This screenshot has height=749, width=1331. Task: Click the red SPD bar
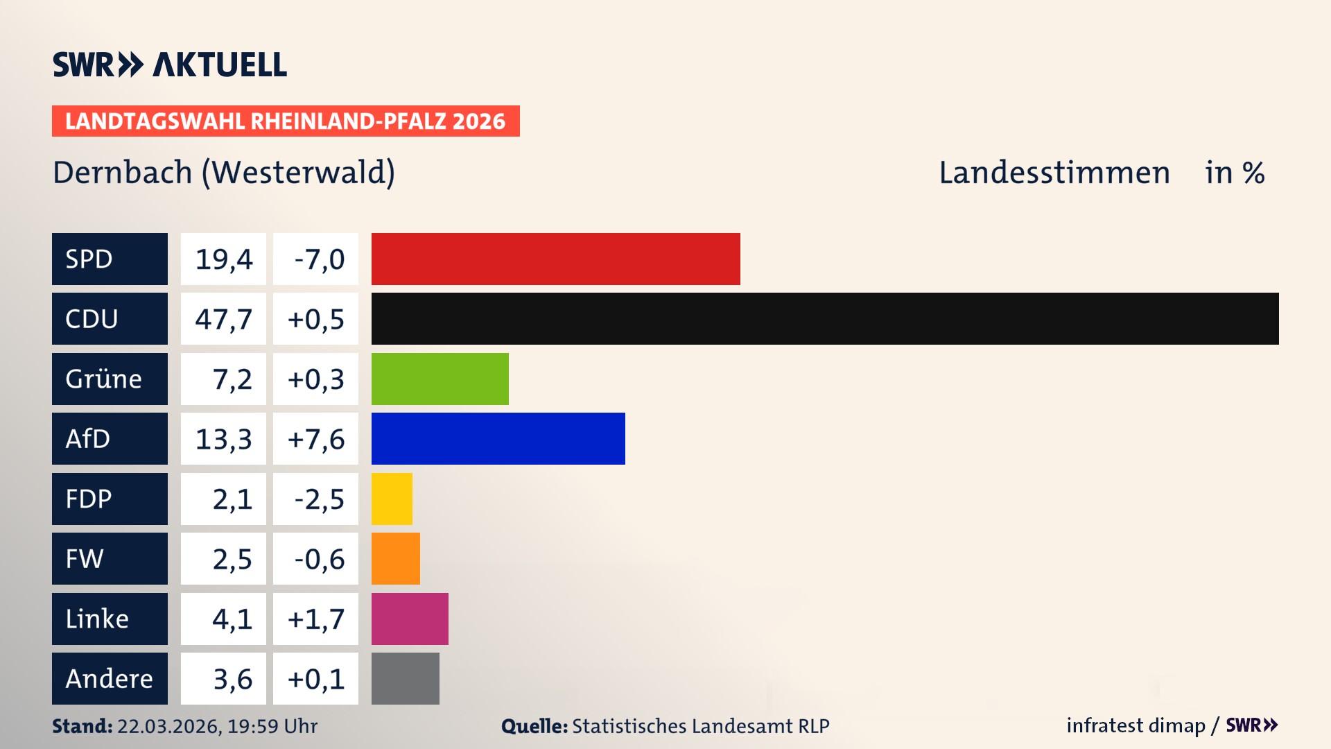coord(555,259)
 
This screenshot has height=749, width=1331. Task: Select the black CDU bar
coord(825,318)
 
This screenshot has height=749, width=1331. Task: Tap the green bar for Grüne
coord(440,379)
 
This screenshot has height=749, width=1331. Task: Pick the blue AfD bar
coord(498,438)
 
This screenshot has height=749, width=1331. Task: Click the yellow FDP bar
coord(392,499)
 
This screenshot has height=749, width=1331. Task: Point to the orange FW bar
coord(395,558)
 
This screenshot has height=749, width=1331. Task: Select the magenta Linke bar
coord(410,619)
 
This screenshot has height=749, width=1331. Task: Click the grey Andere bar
coord(405,678)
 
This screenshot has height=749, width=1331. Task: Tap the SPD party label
coord(110,259)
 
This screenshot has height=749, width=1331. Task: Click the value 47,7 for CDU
coord(223,319)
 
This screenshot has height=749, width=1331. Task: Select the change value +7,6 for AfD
coord(315,439)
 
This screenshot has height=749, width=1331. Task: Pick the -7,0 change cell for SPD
coord(315,259)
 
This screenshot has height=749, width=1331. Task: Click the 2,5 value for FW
coord(223,559)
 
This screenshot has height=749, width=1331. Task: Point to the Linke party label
coord(110,619)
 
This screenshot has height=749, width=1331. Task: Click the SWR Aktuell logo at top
coord(170,64)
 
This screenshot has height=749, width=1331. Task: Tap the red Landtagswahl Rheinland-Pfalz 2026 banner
coord(286,121)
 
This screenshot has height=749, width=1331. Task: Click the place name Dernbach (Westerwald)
coord(224,173)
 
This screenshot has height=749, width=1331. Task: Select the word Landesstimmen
coord(1054,173)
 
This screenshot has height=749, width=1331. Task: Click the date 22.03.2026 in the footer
coord(168,726)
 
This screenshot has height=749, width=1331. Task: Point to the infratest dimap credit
coord(1136,725)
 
